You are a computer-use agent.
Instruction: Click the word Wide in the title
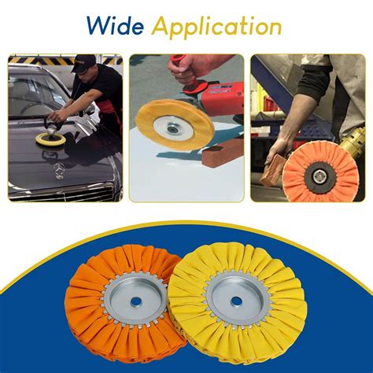click(116, 26)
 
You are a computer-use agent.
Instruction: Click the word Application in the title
click(216, 28)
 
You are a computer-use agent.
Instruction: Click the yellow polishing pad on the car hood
click(51, 136)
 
